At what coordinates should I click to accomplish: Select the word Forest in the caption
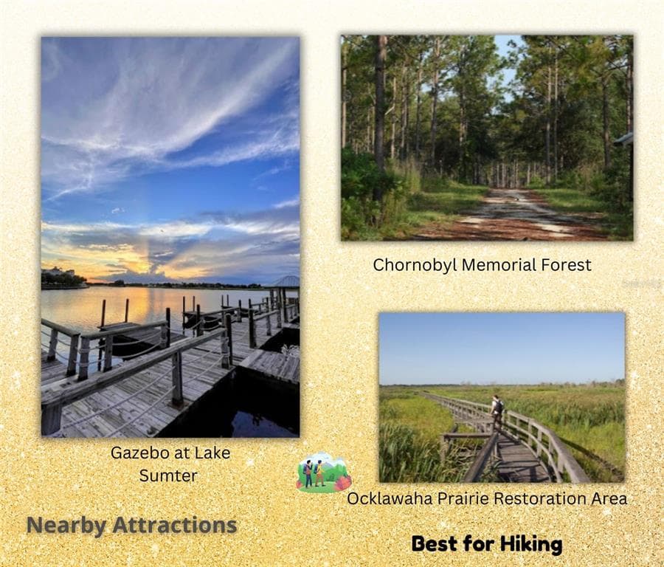[560, 265]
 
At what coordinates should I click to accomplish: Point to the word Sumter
[168, 476]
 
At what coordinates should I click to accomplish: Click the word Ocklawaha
[390, 498]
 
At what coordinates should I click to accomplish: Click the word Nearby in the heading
[66, 526]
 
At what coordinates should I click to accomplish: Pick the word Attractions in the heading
[174, 525]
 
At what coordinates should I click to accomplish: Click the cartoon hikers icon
[324, 472]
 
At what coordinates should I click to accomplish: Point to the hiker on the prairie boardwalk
[497, 412]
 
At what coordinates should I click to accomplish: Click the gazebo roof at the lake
[285, 281]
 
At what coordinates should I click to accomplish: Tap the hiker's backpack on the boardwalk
[499, 406]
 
